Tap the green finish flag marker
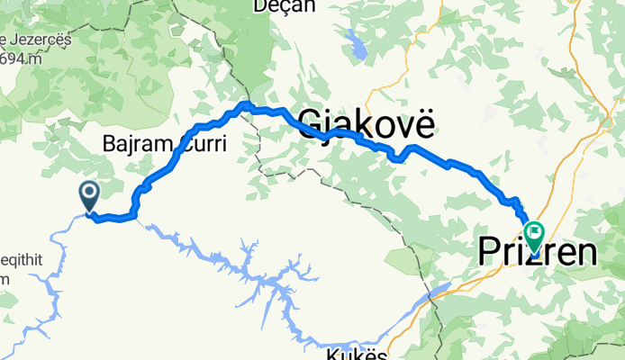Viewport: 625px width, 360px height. pyautogui.click(x=534, y=234)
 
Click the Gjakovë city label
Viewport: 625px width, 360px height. pyautogui.click(x=366, y=122)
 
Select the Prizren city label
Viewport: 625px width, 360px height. pyautogui.click(x=538, y=252)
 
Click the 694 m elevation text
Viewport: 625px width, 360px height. pyautogui.click(x=22, y=59)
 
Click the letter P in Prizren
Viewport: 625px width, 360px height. pyautogui.click(x=489, y=252)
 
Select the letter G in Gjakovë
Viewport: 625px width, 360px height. pyautogui.click(x=308, y=122)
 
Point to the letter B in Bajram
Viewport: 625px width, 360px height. pyautogui.click(x=110, y=143)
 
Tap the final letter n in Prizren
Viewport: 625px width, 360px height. pyautogui.click(x=585, y=252)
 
